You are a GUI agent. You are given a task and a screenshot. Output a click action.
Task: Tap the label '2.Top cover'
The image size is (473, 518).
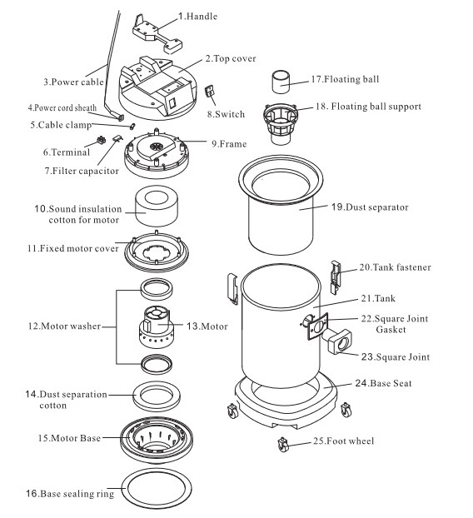click(x=231, y=58)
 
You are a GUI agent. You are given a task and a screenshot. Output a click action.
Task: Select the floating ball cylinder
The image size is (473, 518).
click(x=281, y=82)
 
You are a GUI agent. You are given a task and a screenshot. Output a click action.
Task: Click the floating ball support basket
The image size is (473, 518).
click(x=281, y=122)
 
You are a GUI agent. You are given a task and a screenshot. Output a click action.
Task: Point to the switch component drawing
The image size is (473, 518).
click(x=209, y=91)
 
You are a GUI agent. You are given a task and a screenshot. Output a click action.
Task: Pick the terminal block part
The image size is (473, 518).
click(x=101, y=140)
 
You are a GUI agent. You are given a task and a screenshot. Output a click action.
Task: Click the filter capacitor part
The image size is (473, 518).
click(x=117, y=138)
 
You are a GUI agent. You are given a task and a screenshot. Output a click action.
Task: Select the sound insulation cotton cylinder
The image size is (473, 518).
click(x=157, y=205)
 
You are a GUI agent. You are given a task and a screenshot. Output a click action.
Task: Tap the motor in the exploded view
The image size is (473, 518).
click(x=156, y=326)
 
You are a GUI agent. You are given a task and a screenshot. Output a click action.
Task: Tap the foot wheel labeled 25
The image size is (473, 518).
click(x=283, y=445)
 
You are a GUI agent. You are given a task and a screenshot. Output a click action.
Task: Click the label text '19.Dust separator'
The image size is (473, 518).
click(x=370, y=207)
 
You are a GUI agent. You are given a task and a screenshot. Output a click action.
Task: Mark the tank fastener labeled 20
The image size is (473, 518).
click(x=336, y=276)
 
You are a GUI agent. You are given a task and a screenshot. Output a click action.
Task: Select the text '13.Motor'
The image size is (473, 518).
click(x=207, y=326)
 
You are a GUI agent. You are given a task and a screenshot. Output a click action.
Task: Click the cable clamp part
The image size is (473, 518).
click(x=132, y=127)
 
